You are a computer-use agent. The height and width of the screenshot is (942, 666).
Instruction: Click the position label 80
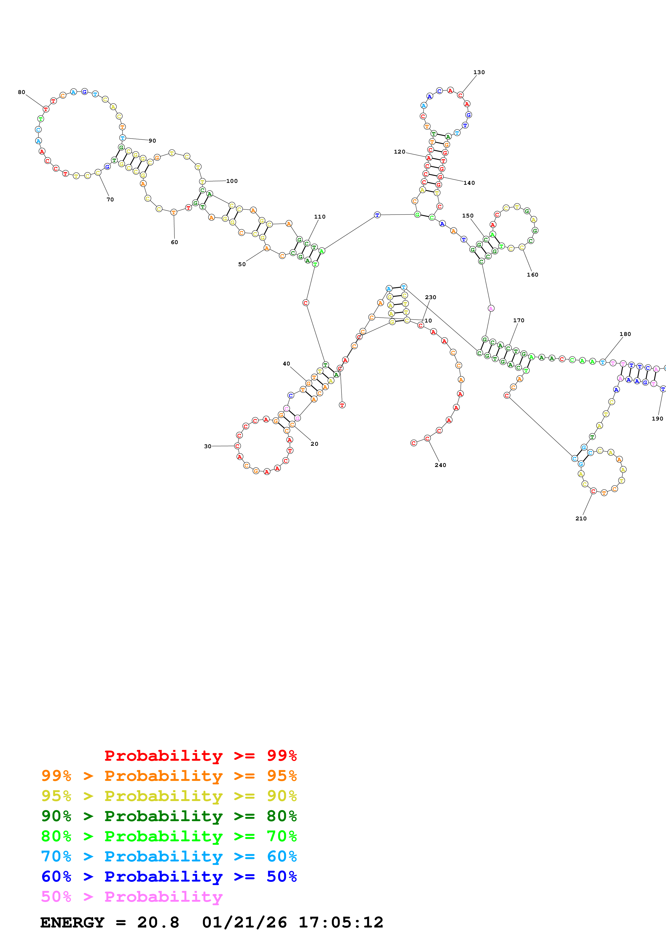[x=21, y=92]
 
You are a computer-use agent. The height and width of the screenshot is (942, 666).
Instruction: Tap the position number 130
[x=479, y=72]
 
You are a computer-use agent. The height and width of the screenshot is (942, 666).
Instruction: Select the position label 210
[x=581, y=519]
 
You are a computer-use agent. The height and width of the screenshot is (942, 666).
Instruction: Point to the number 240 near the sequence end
[x=440, y=465]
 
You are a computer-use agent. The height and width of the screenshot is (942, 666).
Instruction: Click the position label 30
[x=208, y=446]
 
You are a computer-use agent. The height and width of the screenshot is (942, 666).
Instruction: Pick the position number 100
[x=232, y=181]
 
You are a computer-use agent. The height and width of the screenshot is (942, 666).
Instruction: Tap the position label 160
[x=532, y=275]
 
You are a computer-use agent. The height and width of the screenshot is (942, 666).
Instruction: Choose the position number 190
[x=657, y=419]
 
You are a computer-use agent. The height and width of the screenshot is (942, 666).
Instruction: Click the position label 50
[x=242, y=265]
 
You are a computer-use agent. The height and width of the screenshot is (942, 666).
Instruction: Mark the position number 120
[x=399, y=152]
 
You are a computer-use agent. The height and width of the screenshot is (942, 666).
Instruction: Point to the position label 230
[x=430, y=298]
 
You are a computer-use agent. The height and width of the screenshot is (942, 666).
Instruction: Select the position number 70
[x=110, y=200]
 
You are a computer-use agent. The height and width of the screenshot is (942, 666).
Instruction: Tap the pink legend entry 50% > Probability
[x=131, y=897]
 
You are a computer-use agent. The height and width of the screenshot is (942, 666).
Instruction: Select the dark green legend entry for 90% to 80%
[x=169, y=816]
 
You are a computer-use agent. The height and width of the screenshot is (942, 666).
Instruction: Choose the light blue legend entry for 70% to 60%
[x=169, y=857]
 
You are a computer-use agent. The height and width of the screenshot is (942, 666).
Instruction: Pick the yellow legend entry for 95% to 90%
[x=169, y=796]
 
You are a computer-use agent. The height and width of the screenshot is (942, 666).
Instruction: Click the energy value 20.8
[x=158, y=923]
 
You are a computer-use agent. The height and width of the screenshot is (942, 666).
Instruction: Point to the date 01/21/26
[x=244, y=923]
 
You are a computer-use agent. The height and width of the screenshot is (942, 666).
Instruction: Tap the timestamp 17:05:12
[x=341, y=923]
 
